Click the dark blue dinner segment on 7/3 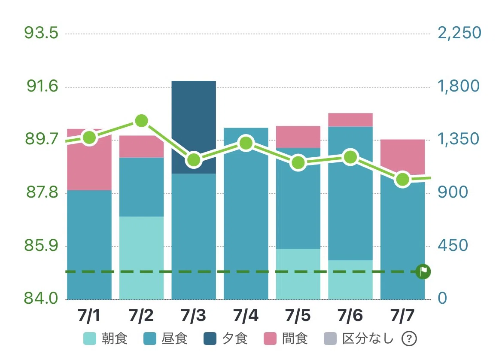(194, 127)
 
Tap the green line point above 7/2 (142, 121)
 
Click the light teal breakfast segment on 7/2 (142, 258)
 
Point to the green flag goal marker (423, 272)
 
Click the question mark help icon (409, 339)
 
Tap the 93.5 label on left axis (41, 33)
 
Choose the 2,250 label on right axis (459, 33)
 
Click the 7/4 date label (246, 315)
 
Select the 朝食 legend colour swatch (90, 339)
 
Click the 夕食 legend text (234, 339)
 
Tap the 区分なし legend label (368, 339)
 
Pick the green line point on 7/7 (403, 180)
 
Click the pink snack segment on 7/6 (350, 120)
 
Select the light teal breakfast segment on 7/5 (298, 275)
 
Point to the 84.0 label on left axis (41, 298)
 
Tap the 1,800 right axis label (459, 86)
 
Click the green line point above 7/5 (298, 162)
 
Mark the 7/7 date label (402, 315)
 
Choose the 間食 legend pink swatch (270, 339)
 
